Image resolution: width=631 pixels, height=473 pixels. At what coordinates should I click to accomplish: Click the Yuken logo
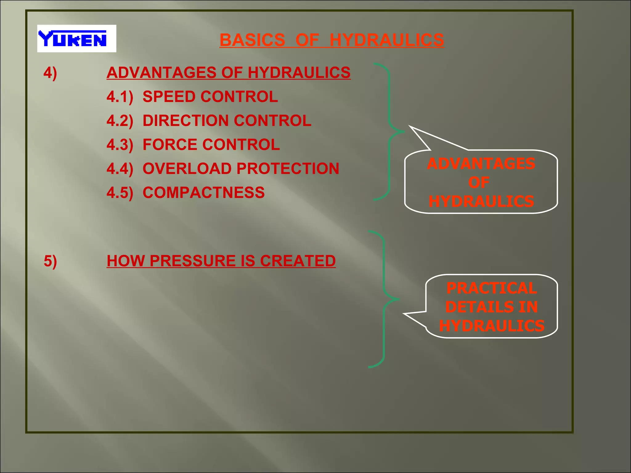[x=76, y=38]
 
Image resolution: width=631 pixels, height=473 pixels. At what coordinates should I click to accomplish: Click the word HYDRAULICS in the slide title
[x=387, y=40]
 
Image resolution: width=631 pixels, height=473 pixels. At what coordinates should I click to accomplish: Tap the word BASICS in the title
[x=252, y=40]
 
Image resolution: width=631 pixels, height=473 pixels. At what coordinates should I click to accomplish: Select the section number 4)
[x=50, y=73]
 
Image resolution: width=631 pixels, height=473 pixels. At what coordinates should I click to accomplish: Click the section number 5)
[x=50, y=261]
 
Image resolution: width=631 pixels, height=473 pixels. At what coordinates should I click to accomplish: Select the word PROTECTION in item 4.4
[x=288, y=169]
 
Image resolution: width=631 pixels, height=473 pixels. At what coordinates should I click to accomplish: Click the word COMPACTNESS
[x=203, y=193]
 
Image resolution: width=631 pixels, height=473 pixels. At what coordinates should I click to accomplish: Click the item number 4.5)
[x=120, y=193]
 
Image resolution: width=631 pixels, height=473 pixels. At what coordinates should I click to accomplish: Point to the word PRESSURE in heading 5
[x=193, y=261]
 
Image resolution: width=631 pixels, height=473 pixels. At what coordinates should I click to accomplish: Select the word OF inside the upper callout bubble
[x=479, y=183]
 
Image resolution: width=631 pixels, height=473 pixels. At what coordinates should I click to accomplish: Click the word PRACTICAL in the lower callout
[x=492, y=288]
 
